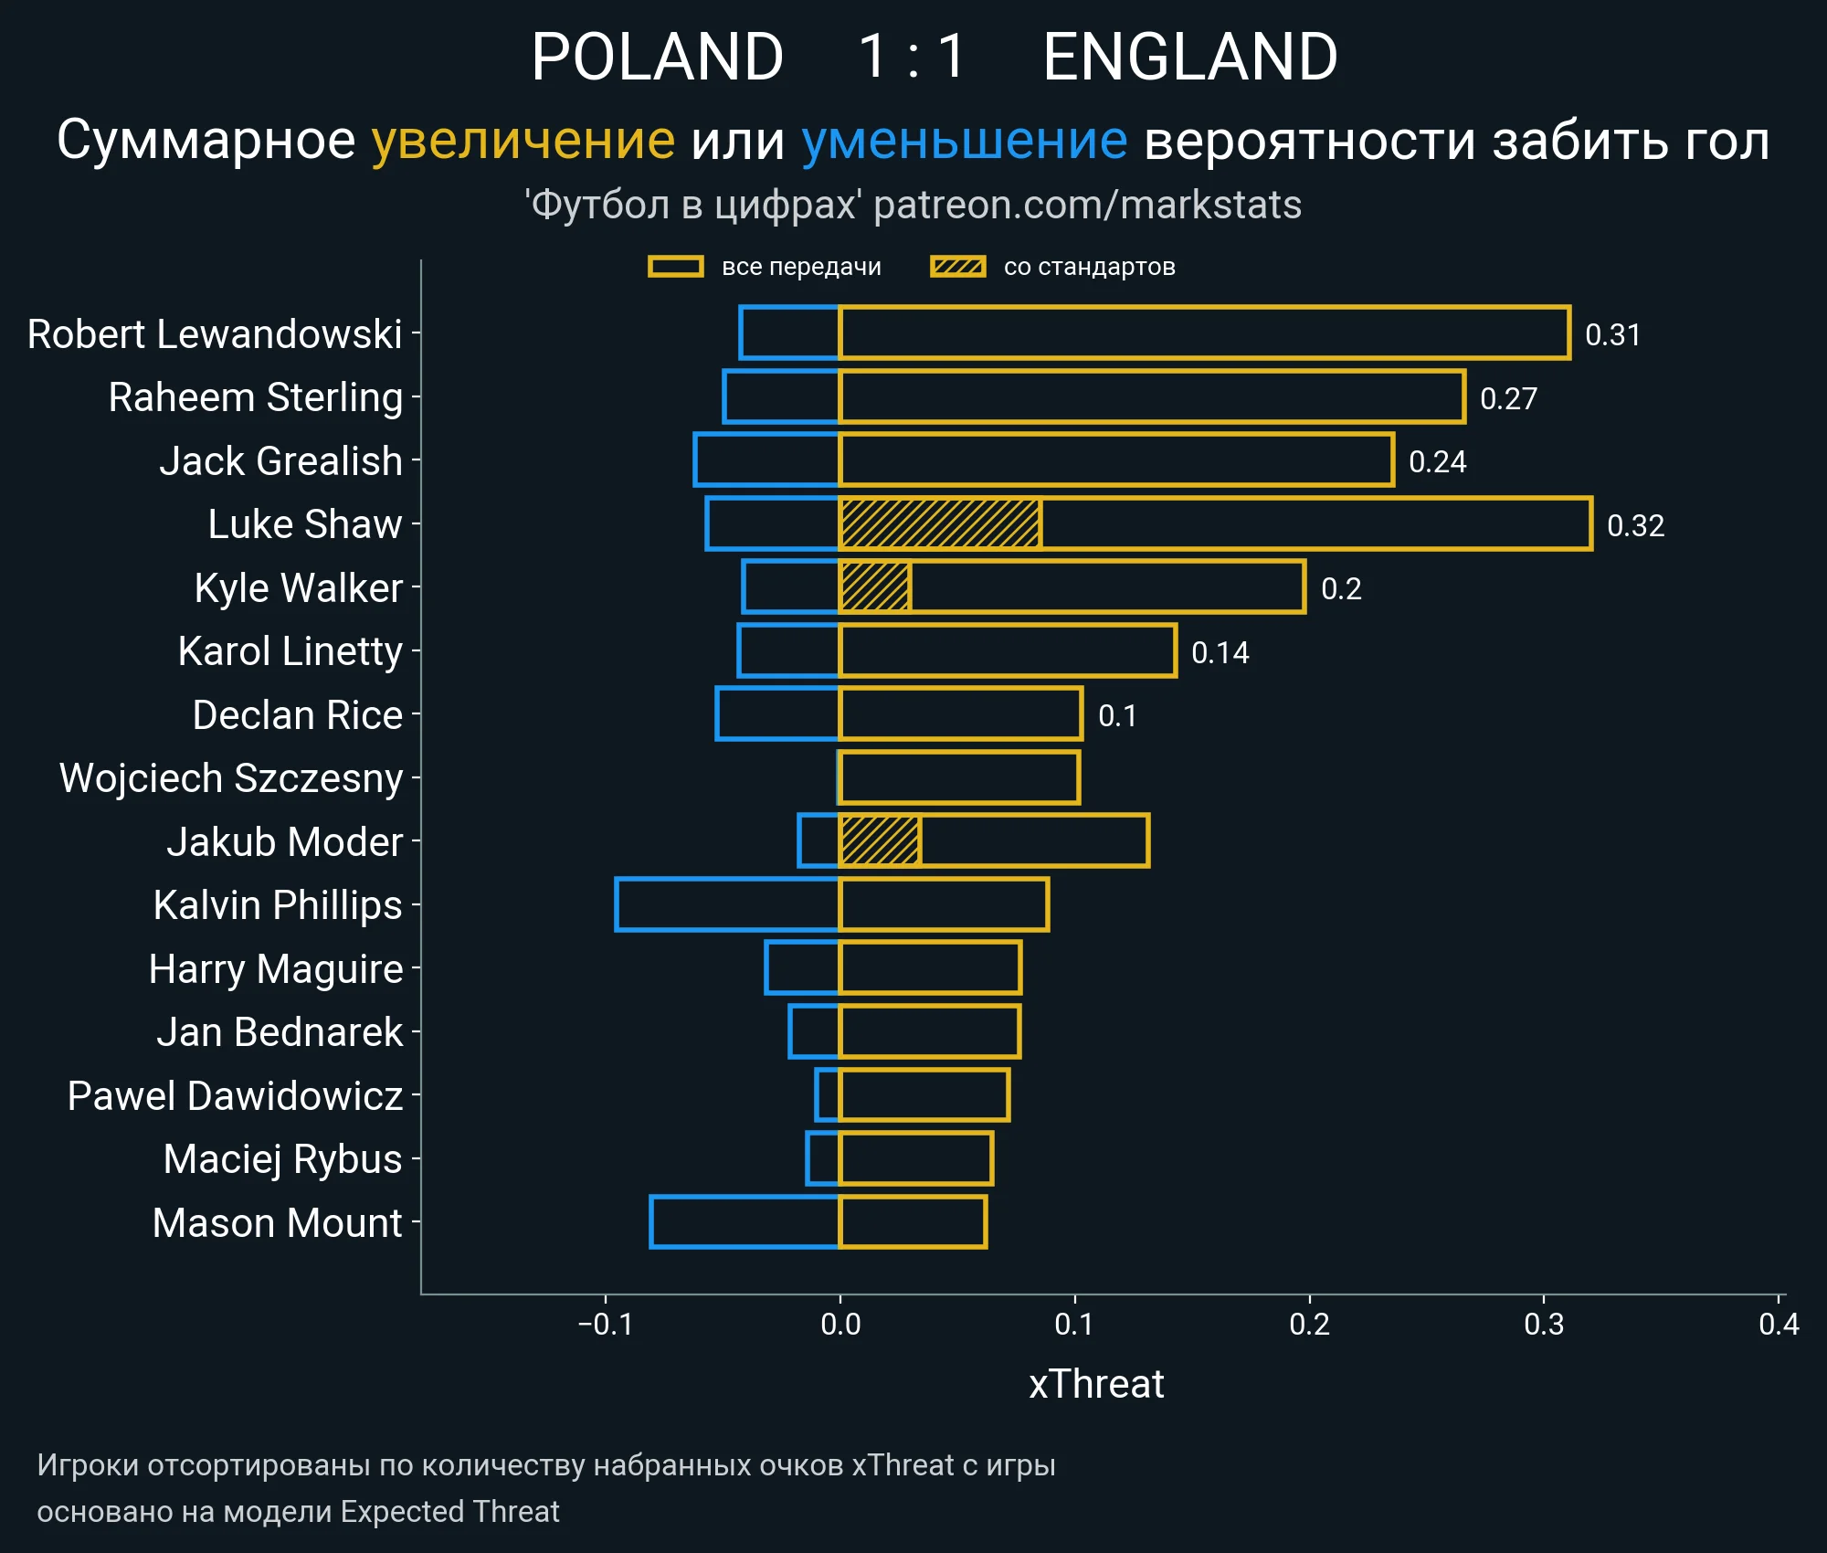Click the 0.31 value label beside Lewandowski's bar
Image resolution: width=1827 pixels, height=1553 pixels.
[1612, 335]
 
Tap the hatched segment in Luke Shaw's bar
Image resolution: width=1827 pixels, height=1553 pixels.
[939, 524]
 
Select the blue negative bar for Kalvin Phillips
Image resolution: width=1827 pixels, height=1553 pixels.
[727, 904]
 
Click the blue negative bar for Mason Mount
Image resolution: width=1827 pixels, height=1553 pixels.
[745, 1221]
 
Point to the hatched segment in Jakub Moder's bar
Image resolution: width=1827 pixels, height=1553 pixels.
[880, 840]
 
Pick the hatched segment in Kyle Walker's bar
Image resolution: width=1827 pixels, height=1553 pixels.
[874, 587]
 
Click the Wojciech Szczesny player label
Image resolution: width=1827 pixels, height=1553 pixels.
[231, 778]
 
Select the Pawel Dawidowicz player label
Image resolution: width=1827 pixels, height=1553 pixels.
[235, 1095]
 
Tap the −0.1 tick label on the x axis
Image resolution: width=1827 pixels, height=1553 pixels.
[605, 1324]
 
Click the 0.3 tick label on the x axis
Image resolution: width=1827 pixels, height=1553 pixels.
[1544, 1324]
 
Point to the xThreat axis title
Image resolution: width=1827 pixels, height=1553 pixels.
[1096, 1384]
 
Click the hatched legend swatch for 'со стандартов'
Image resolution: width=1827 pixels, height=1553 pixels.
[957, 267]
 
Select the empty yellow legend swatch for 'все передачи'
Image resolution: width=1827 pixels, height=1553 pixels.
[675, 267]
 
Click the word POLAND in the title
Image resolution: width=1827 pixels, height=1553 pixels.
[657, 57]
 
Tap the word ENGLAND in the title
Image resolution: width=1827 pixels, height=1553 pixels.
[1190, 57]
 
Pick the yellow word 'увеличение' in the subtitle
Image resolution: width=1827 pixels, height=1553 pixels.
[523, 141]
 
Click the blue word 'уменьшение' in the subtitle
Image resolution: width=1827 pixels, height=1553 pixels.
[964, 141]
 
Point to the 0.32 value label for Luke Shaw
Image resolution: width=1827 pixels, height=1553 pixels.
[1635, 525]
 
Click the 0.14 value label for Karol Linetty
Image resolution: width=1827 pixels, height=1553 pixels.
[1220, 652]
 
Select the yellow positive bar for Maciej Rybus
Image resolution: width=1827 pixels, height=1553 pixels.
[915, 1158]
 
